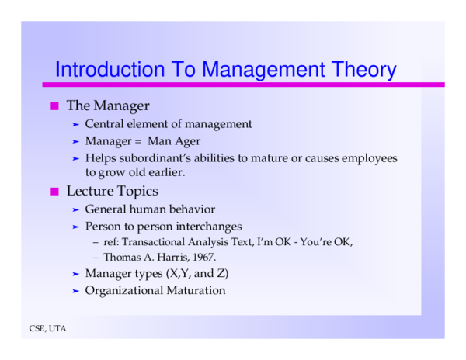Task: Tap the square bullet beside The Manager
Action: click(x=55, y=106)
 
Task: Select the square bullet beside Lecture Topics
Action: click(x=55, y=191)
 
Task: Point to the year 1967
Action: click(x=201, y=256)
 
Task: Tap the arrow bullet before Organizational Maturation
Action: click(x=75, y=291)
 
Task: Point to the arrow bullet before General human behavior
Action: click(x=75, y=209)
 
